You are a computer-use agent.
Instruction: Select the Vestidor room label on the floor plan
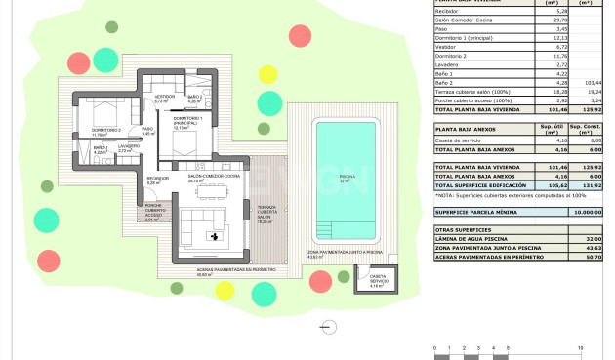[164, 100]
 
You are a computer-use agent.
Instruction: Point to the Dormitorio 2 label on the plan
[105, 131]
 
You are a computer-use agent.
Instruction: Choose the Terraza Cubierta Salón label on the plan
[265, 215]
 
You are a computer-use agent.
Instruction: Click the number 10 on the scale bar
[580, 346]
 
